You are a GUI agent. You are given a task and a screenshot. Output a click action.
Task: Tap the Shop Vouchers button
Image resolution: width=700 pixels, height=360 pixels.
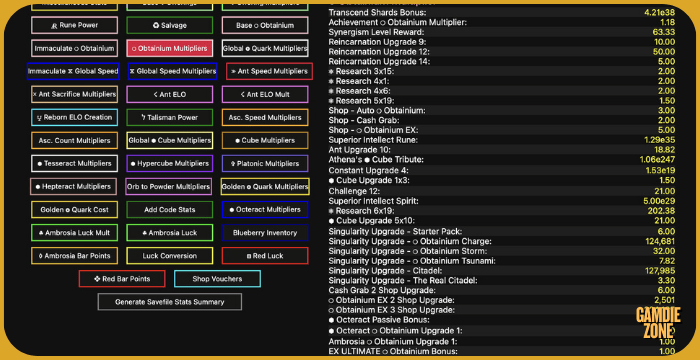click(x=217, y=279)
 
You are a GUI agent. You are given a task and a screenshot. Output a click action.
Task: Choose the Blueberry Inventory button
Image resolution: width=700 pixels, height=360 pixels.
click(x=265, y=232)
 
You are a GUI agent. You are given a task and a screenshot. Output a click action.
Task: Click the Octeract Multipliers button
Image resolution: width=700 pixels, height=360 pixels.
click(x=265, y=209)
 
